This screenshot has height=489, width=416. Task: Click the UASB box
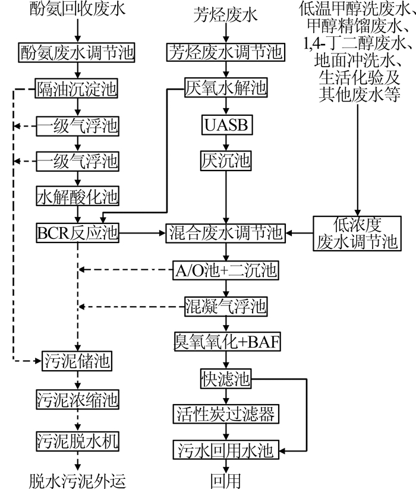[x=226, y=125]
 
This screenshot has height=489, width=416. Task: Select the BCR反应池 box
[x=77, y=233]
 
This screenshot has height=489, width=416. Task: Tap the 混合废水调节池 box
[x=225, y=233]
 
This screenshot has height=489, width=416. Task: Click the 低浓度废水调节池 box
[x=357, y=234]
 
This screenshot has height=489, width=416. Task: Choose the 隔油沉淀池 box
[x=77, y=89]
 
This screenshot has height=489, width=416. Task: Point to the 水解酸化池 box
[x=77, y=196]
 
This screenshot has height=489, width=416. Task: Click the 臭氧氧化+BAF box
[x=227, y=342]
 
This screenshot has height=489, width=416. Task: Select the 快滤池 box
[x=225, y=378]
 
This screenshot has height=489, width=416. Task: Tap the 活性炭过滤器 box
[x=226, y=414]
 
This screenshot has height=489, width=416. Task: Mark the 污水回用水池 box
[x=226, y=450]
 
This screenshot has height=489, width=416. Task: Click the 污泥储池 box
[x=77, y=361]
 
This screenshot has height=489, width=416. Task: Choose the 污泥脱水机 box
[x=77, y=441]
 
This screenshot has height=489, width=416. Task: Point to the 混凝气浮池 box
[x=226, y=307]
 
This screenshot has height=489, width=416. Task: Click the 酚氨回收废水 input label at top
[x=77, y=8]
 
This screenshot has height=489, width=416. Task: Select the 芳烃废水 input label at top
[x=225, y=15]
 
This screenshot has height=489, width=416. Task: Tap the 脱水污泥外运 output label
[x=77, y=481]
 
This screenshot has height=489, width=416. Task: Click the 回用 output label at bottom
[x=225, y=481]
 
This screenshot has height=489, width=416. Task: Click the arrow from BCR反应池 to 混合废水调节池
[x=142, y=233]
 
